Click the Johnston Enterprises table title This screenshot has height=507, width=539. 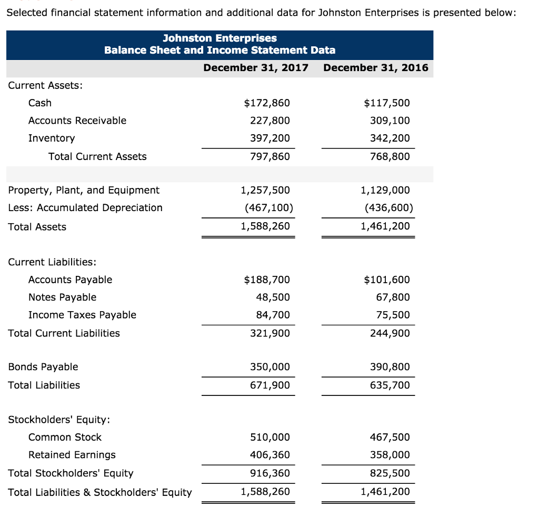[x=219, y=38]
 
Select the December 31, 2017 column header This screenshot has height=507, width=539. [x=255, y=68]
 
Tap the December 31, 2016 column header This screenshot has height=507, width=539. [x=376, y=68]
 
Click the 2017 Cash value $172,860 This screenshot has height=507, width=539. [x=267, y=103]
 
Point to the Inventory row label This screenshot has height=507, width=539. [x=52, y=138]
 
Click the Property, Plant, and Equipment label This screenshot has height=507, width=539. [x=84, y=190]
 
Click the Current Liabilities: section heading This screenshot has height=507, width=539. [x=52, y=262]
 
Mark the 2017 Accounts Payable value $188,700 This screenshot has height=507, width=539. [x=267, y=280]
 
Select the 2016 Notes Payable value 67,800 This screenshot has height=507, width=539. [x=392, y=297]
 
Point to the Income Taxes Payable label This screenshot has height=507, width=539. [x=82, y=315]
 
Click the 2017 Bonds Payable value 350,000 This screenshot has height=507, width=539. [x=270, y=367]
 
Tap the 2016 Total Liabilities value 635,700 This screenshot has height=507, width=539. [x=390, y=385]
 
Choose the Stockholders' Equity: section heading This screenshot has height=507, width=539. [x=59, y=420]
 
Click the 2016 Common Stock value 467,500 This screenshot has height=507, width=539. [x=390, y=438]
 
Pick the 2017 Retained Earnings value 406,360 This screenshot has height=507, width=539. [x=270, y=455]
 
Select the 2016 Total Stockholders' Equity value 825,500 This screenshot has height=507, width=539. [x=390, y=473]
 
